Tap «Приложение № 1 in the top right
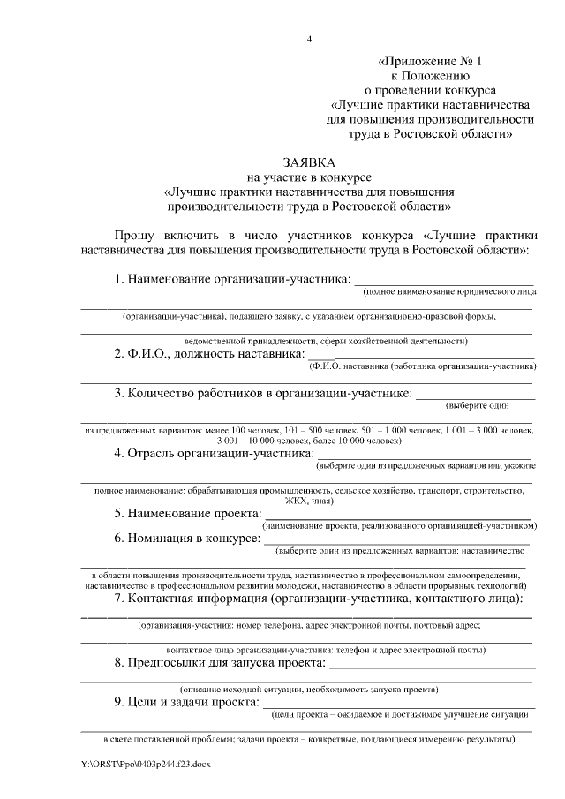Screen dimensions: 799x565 click(432, 61)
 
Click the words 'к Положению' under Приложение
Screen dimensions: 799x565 click(432, 75)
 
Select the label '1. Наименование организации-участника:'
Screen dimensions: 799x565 click(233, 279)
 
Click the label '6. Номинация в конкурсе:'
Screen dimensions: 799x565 click(187, 538)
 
